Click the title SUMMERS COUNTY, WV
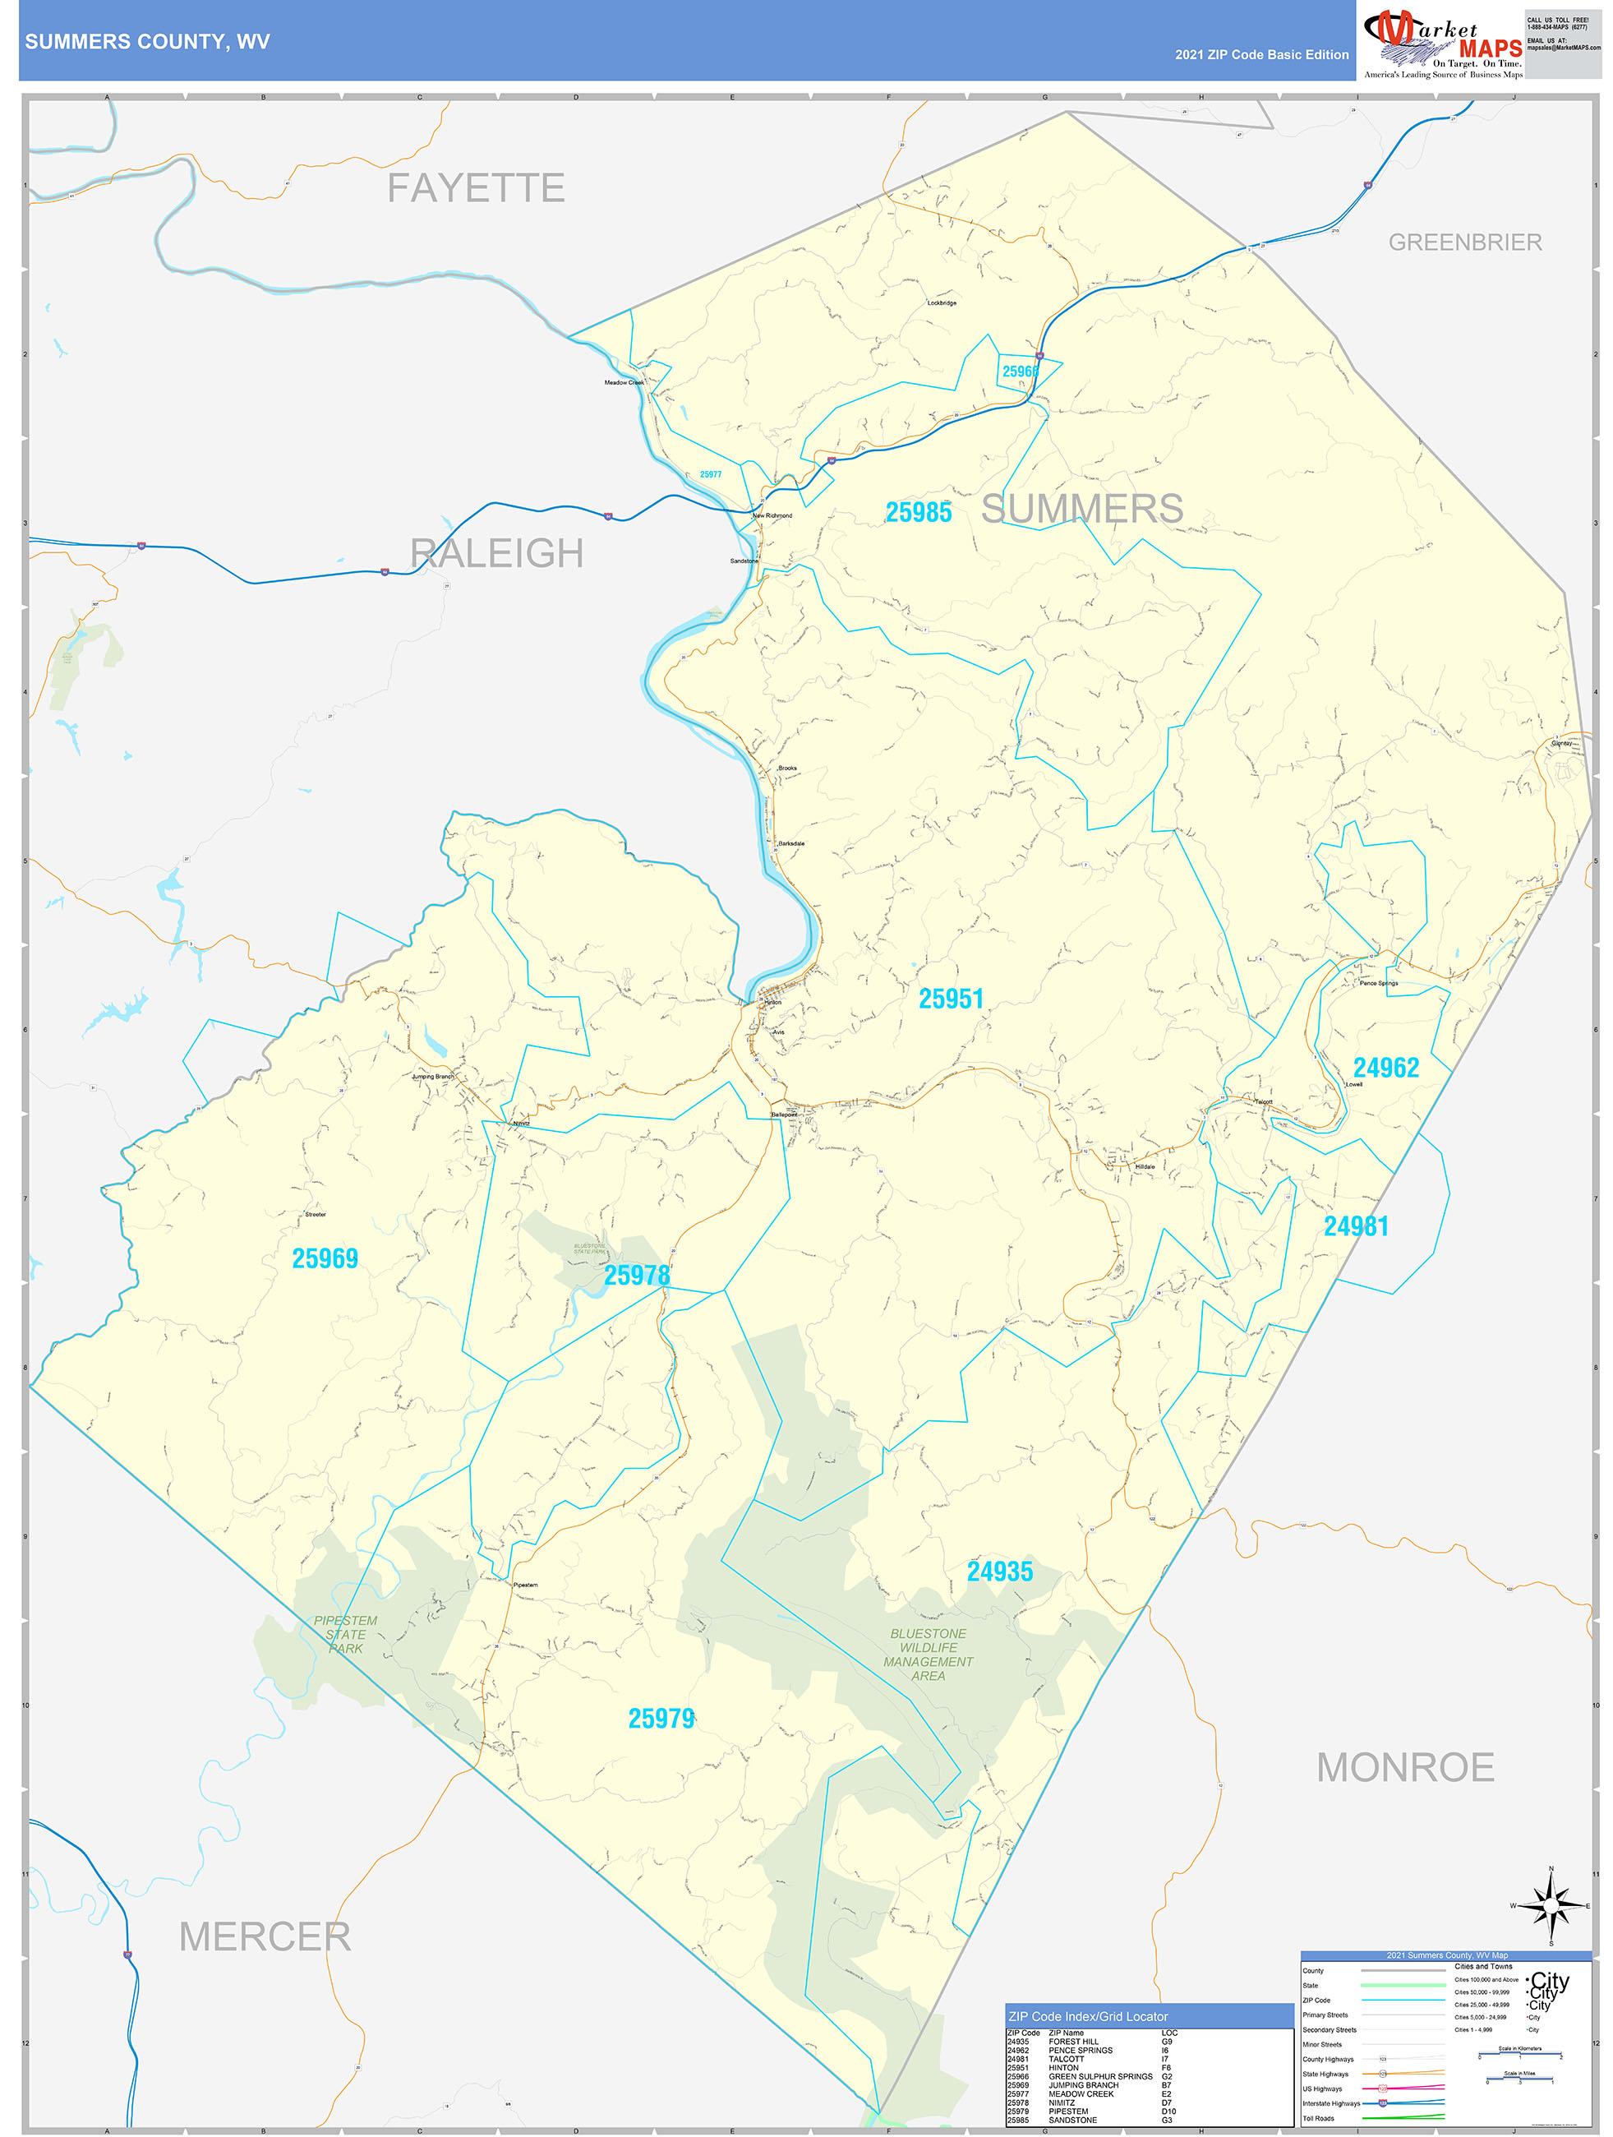coord(147,42)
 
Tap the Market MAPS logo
coord(1442,44)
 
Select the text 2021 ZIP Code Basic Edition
coord(1261,55)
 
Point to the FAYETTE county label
coord(476,188)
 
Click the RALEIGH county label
coord(496,554)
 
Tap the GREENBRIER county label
coord(1464,242)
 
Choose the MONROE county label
coord(1405,1768)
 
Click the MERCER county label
coord(265,1937)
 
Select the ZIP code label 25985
coord(919,513)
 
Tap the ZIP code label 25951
coord(951,999)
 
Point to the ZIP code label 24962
coord(1386,1068)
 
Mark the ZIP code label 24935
coord(1000,1572)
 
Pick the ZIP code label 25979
coord(661,1719)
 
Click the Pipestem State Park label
coord(345,1635)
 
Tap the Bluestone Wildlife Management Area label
coord(929,1654)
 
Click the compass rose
coord(1551,1906)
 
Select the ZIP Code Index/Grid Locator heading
coord(1088,2016)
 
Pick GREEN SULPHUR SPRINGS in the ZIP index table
coord(1100,2076)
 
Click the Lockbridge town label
coord(942,303)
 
